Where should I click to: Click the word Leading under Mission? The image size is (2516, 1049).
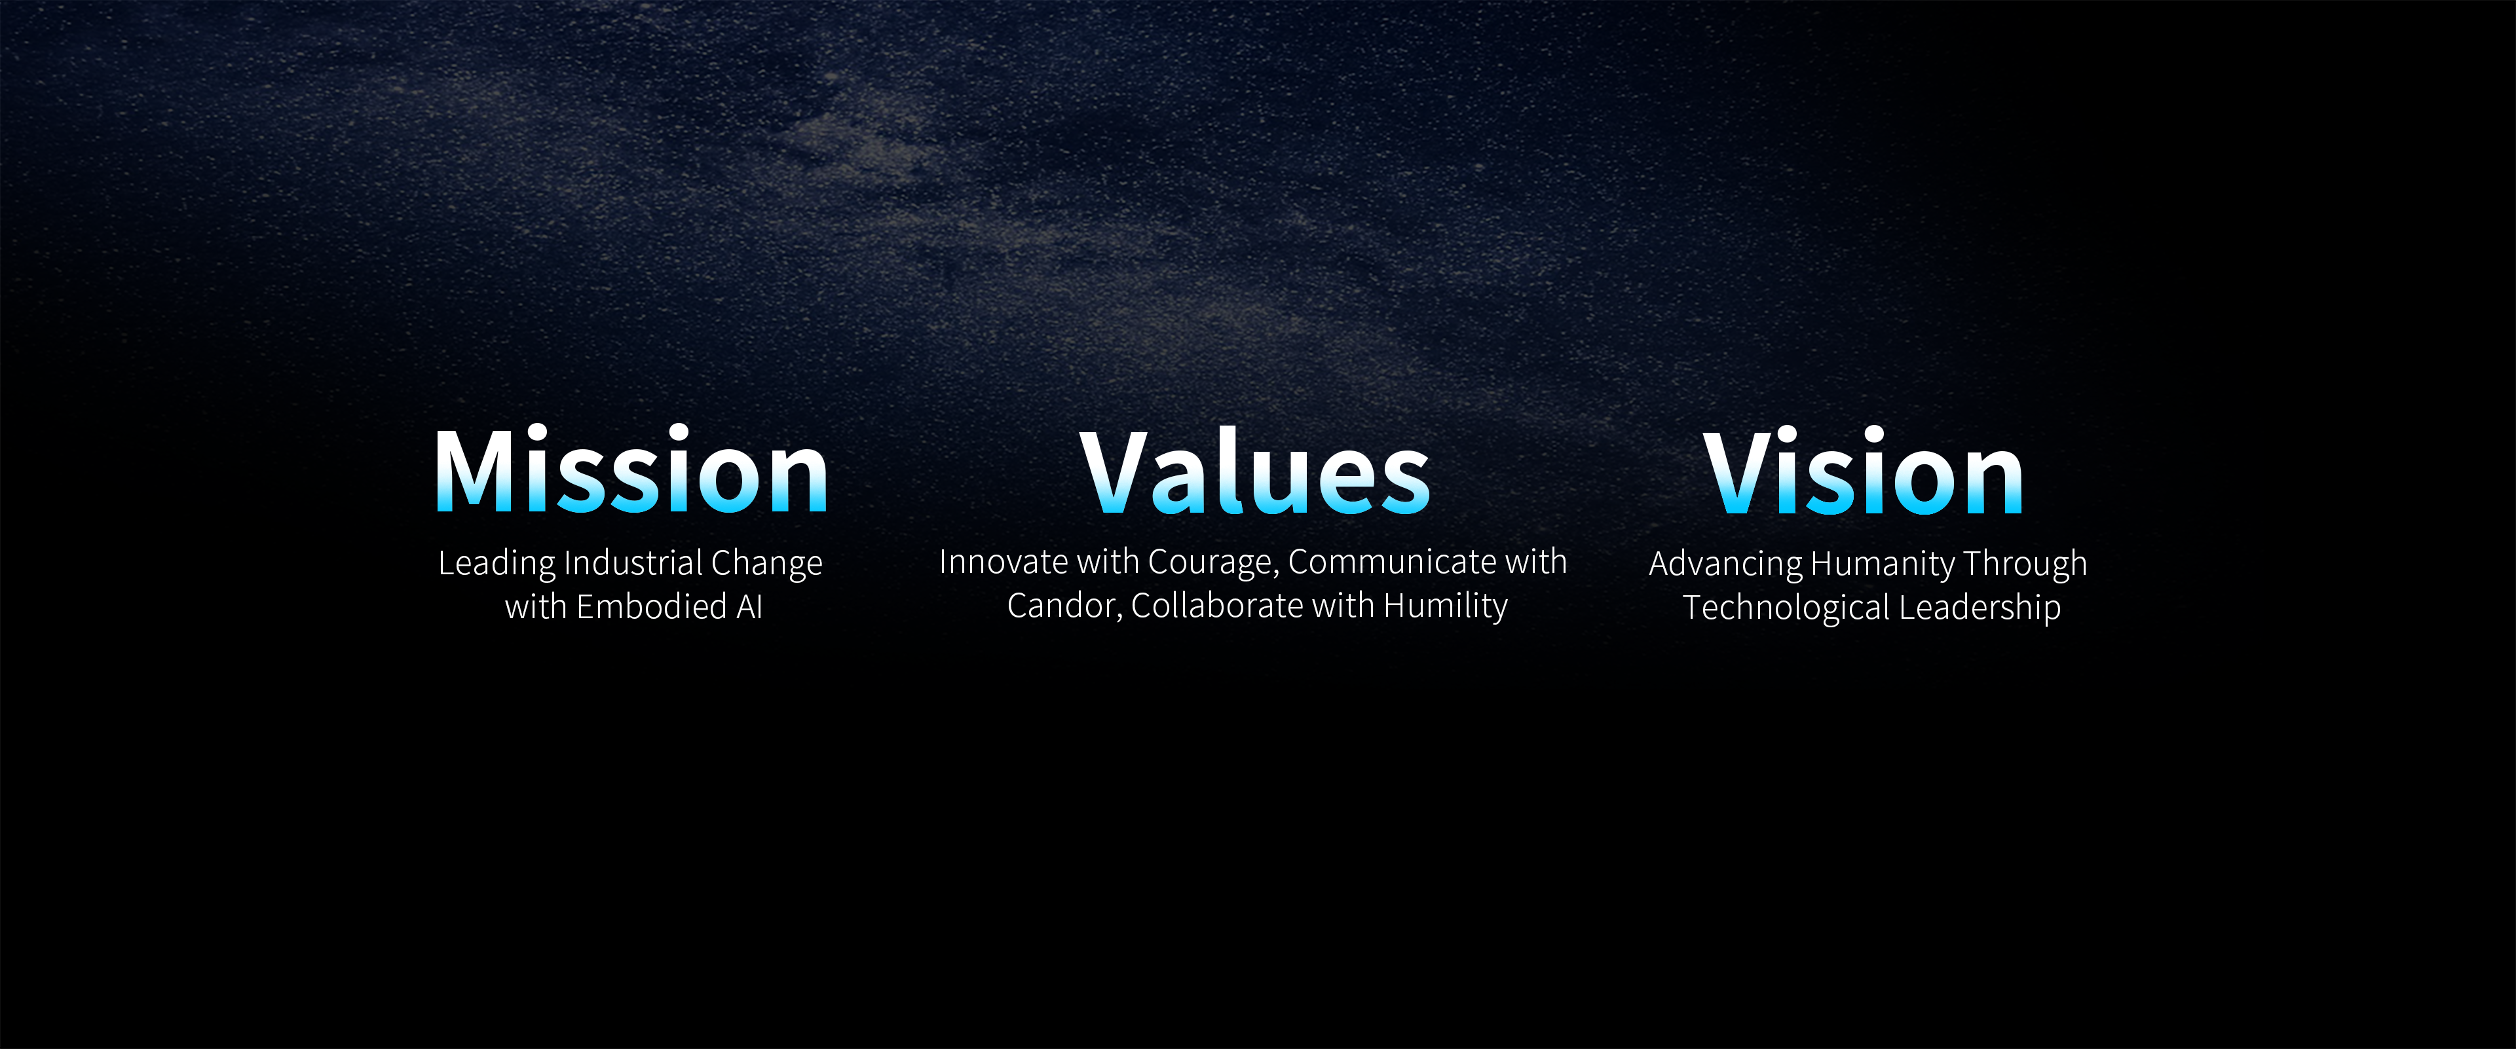pos(496,564)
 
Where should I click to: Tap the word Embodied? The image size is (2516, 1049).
pos(652,606)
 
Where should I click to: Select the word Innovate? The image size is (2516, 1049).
pos(1003,562)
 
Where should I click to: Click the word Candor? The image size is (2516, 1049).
pos(1064,606)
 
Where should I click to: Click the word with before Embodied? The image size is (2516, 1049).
pos(536,606)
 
